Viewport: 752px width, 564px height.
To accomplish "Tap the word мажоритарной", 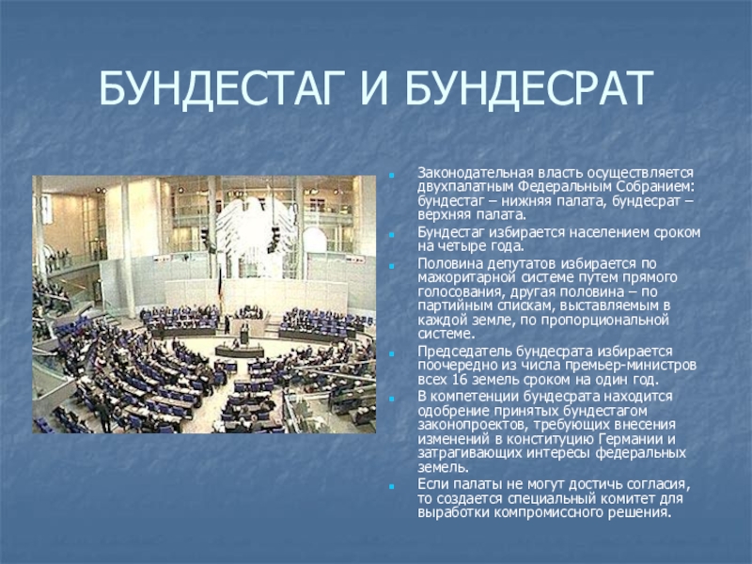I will (x=462, y=279).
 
